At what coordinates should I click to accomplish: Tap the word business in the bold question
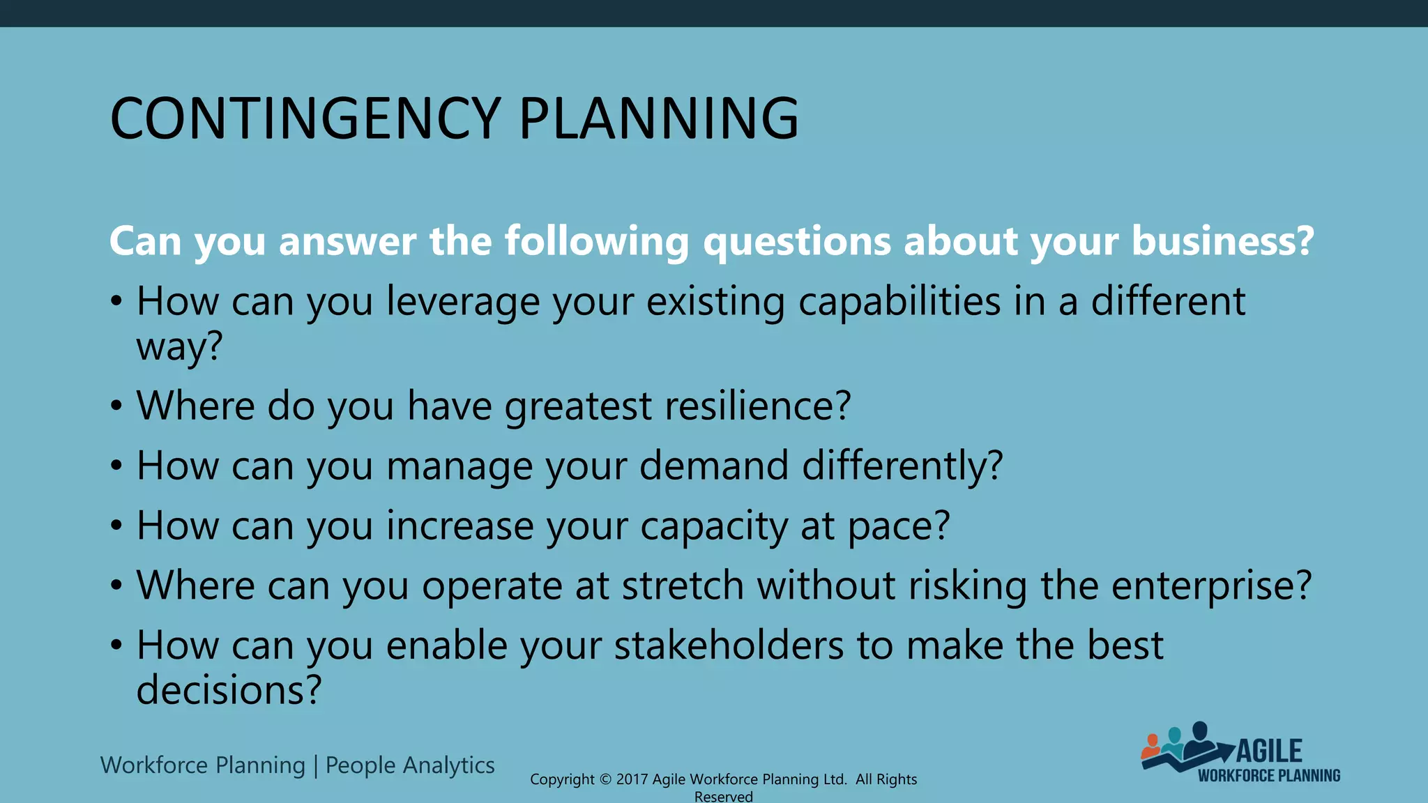(x=1223, y=240)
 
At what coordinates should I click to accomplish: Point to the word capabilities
(x=899, y=303)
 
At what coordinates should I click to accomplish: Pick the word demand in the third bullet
(x=714, y=466)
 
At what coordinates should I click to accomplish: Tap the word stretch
(x=683, y=586)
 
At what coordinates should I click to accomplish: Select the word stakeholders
(x=729, y=645)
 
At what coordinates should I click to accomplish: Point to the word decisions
(x=229, y=690)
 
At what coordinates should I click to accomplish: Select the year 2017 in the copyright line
(x=632, y=779)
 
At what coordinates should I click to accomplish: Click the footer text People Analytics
(x=410, y=765)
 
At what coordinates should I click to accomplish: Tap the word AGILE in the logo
(x=1269, y=751)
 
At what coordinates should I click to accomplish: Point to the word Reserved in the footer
(x=724, y=797)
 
